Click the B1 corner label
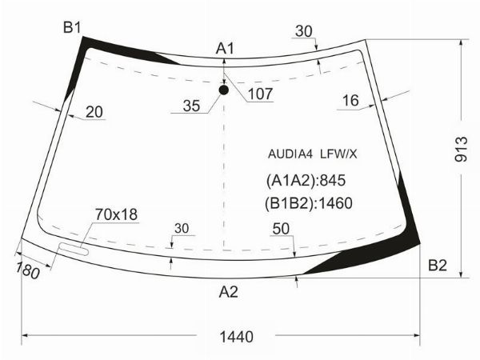pyautogui.click(x=72, y=27)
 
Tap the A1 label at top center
pyautogui.click(x=225, y=49)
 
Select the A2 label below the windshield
pyautogui.click(x=228, y=292)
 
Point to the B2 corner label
pyautogui.click(x=438, y=265)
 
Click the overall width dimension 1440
pyautogui.click(x=237, y=337)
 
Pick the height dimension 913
pyautogui.click(x=461, y=149)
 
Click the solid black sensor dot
pyautogui.click(x=224, y=90)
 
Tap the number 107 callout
pyautogui.click(x=260, y=94)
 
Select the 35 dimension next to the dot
pyautogui.click(x=191, y=106)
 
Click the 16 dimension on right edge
pyautogui.click(x=350, y=101)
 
